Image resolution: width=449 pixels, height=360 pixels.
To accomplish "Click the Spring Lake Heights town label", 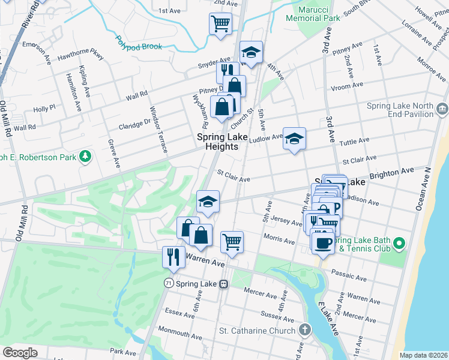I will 221,142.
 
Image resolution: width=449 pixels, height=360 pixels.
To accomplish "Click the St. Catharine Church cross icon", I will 306,330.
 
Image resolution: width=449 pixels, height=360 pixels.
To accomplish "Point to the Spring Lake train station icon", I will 223,283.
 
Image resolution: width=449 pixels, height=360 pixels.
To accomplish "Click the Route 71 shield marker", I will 169,282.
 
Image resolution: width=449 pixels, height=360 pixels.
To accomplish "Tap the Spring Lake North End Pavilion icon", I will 442,109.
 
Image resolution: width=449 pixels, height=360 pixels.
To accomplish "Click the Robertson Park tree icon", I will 86,157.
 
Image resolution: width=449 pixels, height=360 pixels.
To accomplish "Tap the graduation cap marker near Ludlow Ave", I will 294,139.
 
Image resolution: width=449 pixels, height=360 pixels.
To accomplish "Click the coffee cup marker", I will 323,242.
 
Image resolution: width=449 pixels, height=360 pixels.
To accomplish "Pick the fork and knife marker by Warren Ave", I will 173,257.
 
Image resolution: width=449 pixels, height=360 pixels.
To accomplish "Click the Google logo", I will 20,353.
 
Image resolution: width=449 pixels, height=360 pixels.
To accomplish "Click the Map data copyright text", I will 423,355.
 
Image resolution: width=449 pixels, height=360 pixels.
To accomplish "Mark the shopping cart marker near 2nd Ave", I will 220,24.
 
